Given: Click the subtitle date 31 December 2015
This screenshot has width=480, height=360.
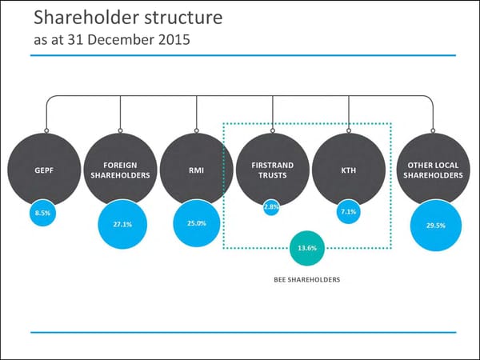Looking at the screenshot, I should (x=141, y=39).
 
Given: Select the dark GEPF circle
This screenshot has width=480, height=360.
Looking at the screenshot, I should (x=43, y=169).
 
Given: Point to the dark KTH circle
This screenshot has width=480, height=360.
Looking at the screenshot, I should (x=349, y=169).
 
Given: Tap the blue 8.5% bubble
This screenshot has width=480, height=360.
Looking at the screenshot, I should (x=43, y=214).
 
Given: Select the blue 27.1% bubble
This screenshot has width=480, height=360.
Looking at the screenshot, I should (x=122, y=224).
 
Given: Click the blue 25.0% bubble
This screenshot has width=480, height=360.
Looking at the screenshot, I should (x=196, y=222).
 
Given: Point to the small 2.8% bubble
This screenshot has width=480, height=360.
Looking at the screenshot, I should (x=271, y=207).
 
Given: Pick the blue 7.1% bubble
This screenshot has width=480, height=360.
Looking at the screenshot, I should (x=349, y=213).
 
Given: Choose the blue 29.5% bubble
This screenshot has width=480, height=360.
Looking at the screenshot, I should (x=436, y=226).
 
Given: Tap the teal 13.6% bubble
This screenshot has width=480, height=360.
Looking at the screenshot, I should (x=306, y=248).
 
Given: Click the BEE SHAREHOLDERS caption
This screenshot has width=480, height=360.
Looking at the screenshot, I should (x=307, y=280).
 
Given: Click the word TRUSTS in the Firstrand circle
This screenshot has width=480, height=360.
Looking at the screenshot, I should (x=273, y=174).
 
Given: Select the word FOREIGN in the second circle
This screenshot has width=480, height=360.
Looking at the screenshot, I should (x=120, y=165).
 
